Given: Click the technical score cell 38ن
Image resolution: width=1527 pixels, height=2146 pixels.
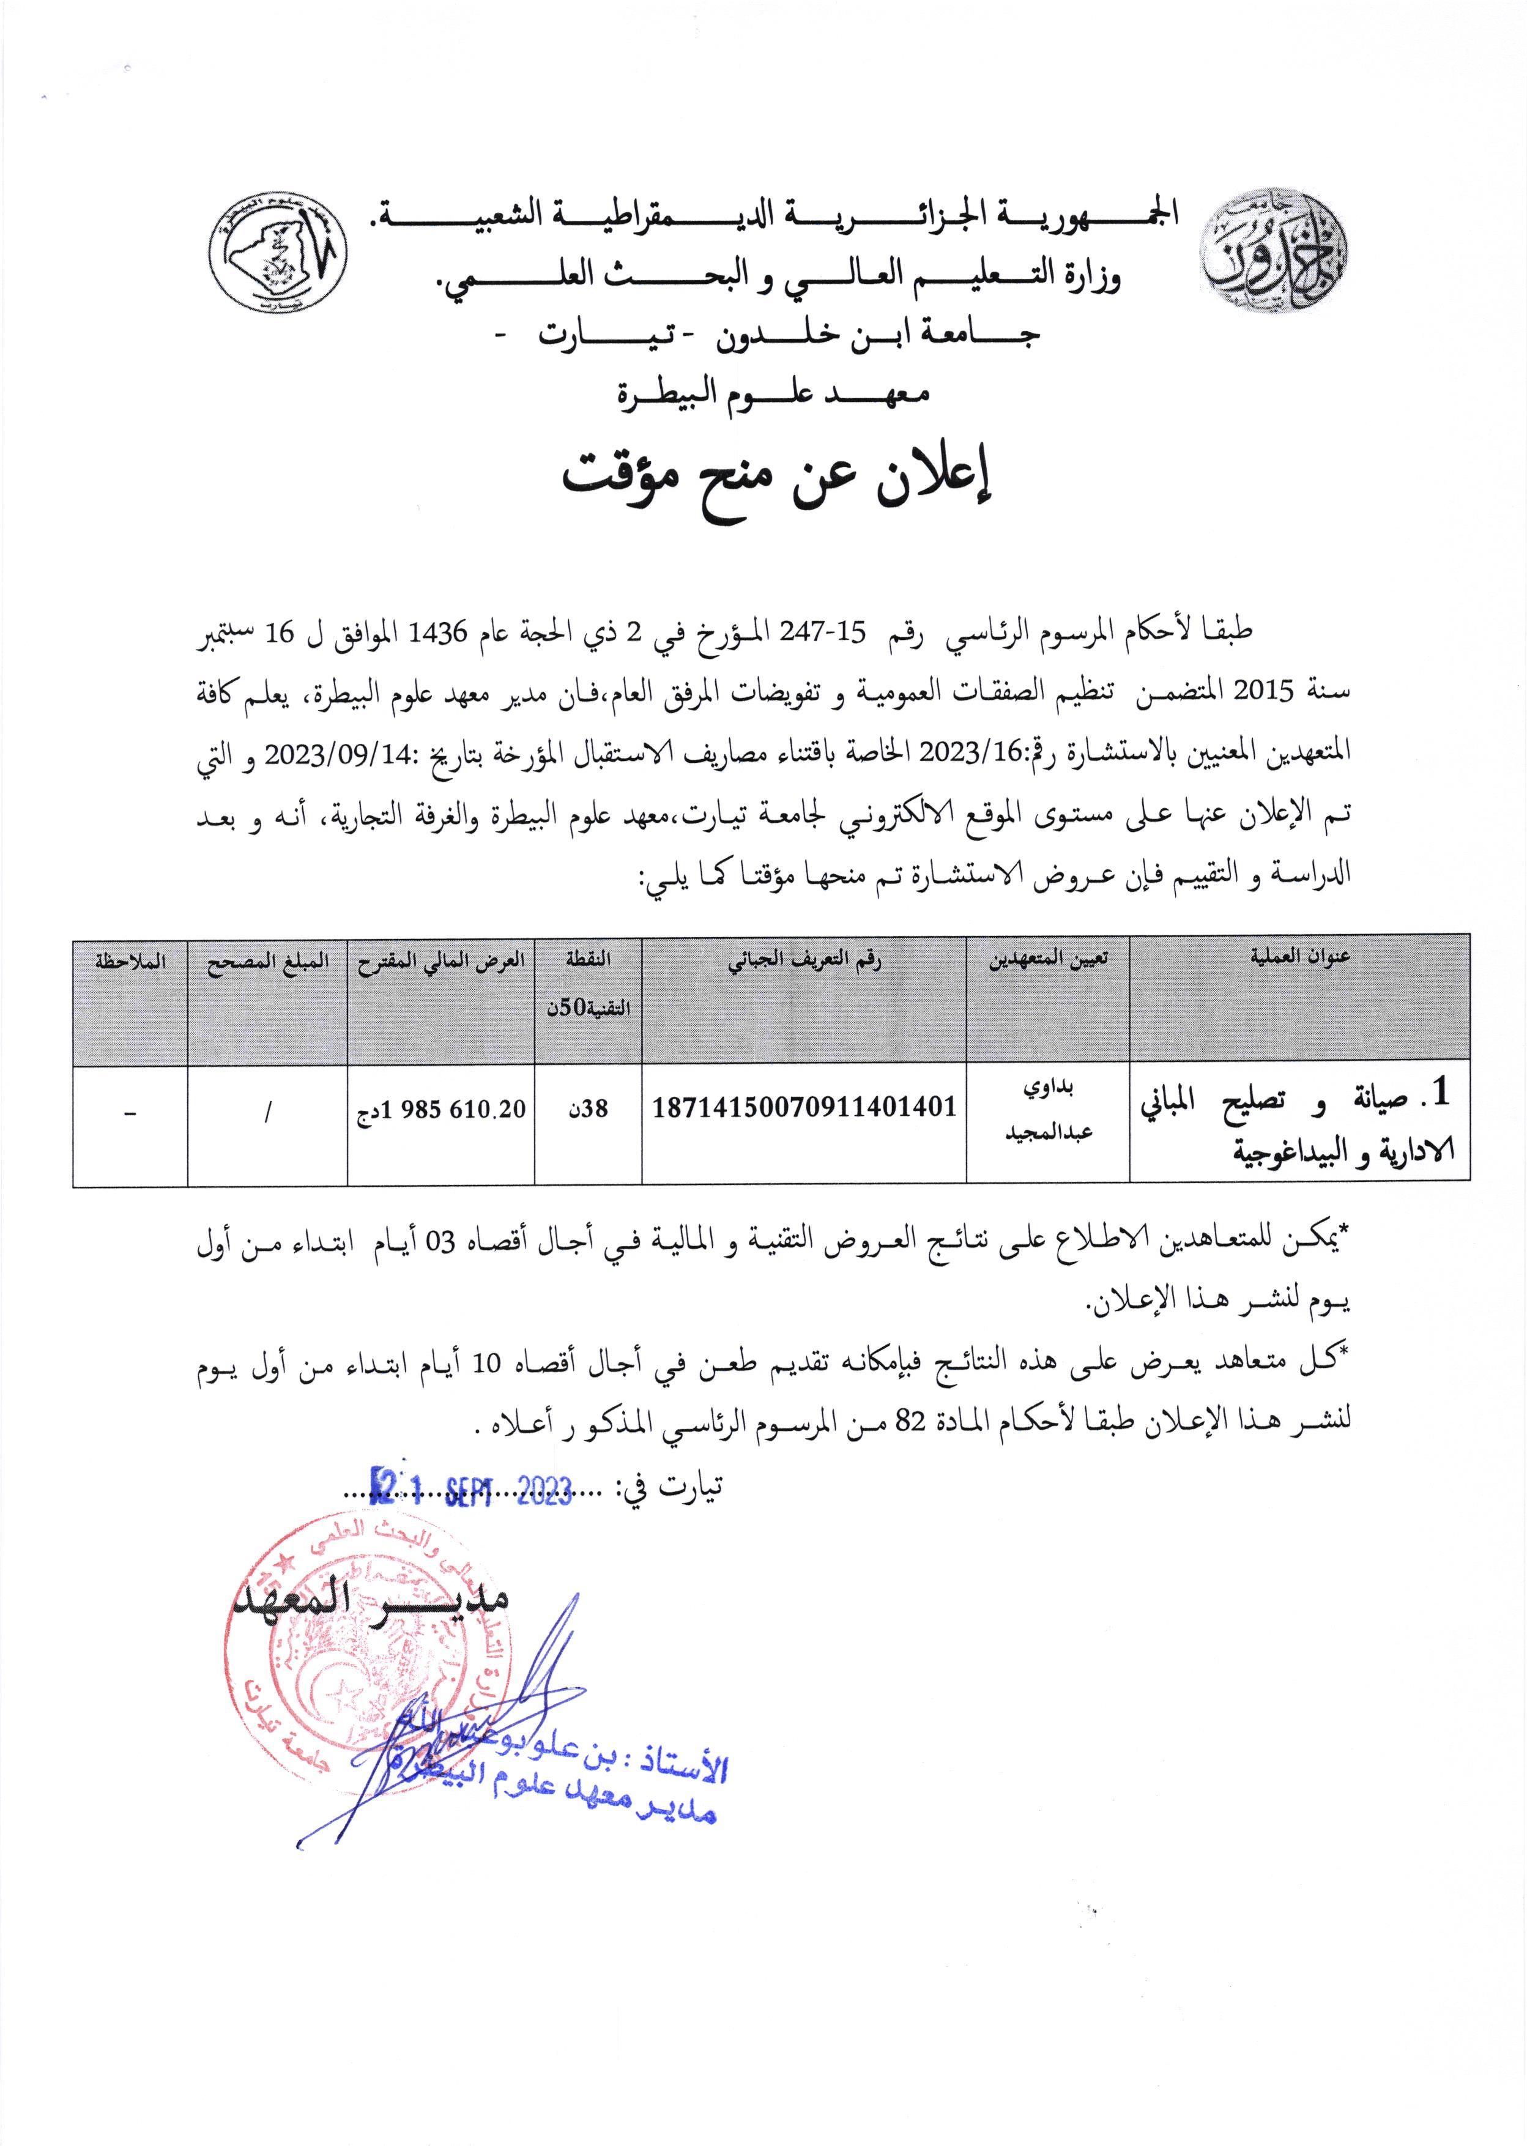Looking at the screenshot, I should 589,1109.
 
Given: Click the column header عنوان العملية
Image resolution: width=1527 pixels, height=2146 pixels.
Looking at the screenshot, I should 1299,958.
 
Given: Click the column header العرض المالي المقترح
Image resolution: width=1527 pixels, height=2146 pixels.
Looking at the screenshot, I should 440,960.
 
